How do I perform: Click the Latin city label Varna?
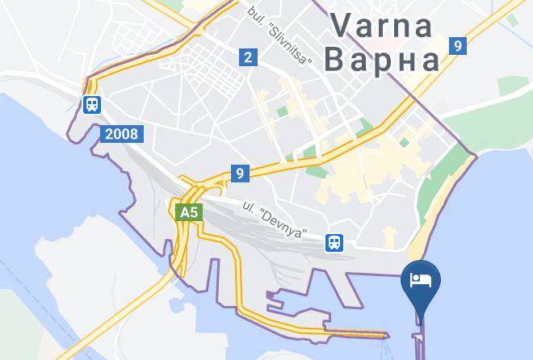[381, 27]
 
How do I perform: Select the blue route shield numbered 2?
[247, 57]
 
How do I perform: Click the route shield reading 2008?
[122, 134]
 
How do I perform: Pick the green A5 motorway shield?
[187, 213]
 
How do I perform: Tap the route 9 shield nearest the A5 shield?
[239, 173]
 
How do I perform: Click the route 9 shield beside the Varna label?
[458, 46]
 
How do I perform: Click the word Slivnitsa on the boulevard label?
[288, 56]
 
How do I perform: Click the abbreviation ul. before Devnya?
[249, 209]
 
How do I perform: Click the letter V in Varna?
[338, 27]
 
